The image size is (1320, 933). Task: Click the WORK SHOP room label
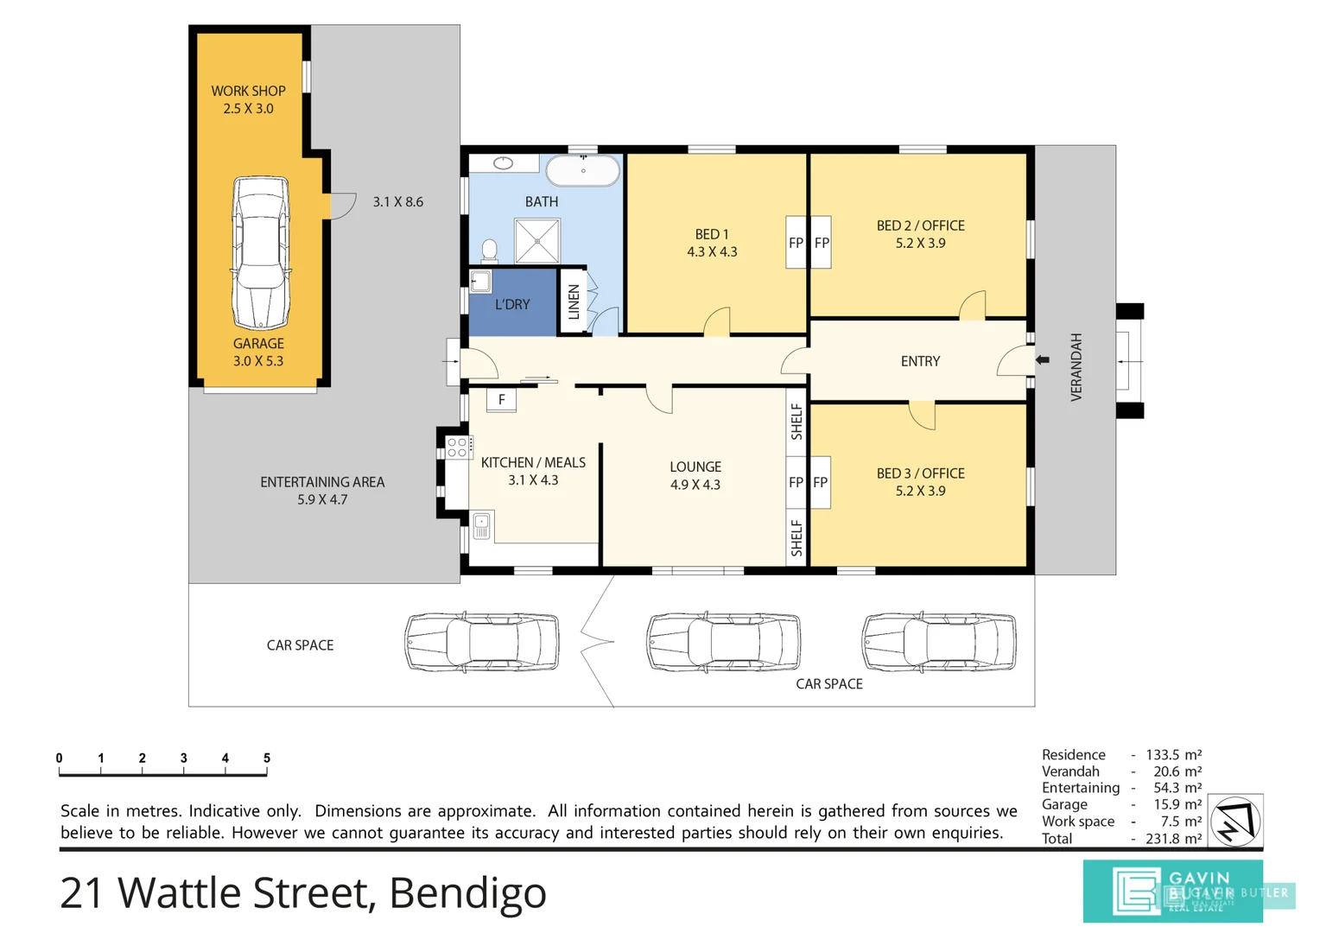pyautogui.click(x=248, y=91)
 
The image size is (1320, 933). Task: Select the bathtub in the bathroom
pyautogui.click(x=583, y=170)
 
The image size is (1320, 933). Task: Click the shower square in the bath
pyautogui.click(x=536, y=240)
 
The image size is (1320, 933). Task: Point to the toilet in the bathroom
pyautogui.click(x=489, y=251)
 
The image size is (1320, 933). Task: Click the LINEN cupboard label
pyautogui.click(x=574, y=302)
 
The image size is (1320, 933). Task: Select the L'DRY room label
pyautogui.click(x=512, y=305)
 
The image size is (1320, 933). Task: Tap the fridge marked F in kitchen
pyautogui.click(x=501, y=400)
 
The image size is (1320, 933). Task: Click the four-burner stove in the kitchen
pyautogui.click(x=457, y=447)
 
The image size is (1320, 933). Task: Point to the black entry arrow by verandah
pyautogui.click(x=1043, y=359)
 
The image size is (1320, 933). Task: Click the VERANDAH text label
pyautogui.click(x=1076, y=366)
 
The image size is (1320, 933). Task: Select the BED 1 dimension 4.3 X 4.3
pyautogui.click(x=712, y=252)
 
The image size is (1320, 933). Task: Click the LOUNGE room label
pyautogui.click(x=695, y=466)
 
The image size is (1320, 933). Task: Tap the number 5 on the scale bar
pyautogui.click(x=266, y=758)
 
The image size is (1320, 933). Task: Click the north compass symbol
pyautogui.click(x=1234, y=821)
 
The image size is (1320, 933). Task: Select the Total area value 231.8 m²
pyautogui.click(x=1173, y=838)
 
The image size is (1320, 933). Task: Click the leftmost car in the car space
pyautogui.click(x=482, y=642)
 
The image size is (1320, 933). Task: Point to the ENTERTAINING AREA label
pyautogui.click(x=322, y=482)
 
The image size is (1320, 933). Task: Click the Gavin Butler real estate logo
pyautogui.click(x=1172, y=891)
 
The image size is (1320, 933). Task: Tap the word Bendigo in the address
pyautogui.click(x=467, y=893)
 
